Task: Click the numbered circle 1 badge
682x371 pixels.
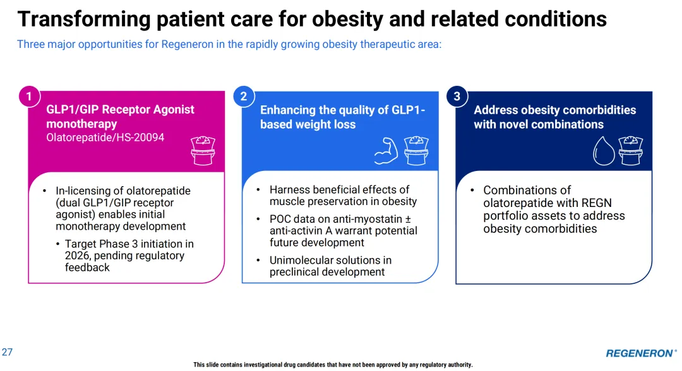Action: click(28, 97)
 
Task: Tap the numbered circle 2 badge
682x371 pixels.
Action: click(243, 97)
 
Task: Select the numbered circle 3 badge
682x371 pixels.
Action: click(457, 97)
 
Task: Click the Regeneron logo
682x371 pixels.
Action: click(640, 353)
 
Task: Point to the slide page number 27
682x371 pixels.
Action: click(7, 352)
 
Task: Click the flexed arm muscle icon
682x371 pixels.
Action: click(386, 150)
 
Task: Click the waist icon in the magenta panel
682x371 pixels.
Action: click(203, 150)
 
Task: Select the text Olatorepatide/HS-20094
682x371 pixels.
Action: click(105, 137)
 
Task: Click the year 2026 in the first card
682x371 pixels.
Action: click(78, 256)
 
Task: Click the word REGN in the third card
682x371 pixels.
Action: click(596, 203)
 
